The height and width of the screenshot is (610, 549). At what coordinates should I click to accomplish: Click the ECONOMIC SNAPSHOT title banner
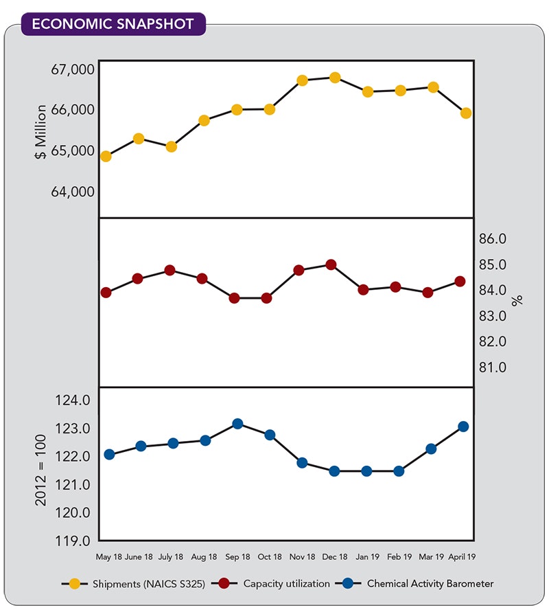pyautogui.click(x=113, y=24)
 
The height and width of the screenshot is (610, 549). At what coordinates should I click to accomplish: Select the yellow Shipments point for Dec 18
pyautogui.click(x=335, y=78)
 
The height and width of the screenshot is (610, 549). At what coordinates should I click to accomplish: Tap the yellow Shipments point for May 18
pyautogui.click(x=106, y=156)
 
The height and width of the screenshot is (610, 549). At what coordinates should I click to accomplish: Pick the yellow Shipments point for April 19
pyautogui.click(x=465, y=113)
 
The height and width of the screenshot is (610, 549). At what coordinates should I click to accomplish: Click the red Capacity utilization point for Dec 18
pyautogui.click(x=331, y=264)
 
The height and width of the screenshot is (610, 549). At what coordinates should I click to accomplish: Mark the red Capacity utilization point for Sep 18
pyautogui.click(x=234, y=298)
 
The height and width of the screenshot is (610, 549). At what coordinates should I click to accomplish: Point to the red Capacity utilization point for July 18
pyautogui.click(x=170, y=270)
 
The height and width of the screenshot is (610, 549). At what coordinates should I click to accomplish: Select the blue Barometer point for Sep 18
pyautogui.click(x=237, y=423)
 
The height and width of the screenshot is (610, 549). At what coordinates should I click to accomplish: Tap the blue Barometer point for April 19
pyautogui.click(x=463, y=426)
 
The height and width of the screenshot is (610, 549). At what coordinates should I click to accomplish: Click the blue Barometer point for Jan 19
pyautogui.click(x=366, y=471)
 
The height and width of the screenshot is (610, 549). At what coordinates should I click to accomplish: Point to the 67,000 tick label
pyautogui.click(x=72, y=69)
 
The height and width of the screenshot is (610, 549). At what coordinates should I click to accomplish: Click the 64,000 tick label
pyautogui.click(x=72, y=191)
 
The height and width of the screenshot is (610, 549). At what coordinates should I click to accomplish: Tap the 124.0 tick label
pyautogui.click(x=72, y=400)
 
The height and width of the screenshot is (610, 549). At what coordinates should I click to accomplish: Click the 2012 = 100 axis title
pyautogui.click(x=41, y=470)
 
